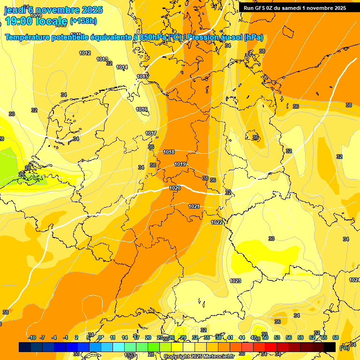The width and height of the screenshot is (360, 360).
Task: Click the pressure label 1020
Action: pyautogui.click(x=175, y=188)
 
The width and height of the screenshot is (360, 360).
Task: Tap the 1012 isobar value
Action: pyautogui.click(x=85, y=53)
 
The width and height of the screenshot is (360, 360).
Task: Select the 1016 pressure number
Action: pyautogui.click(x=142, y=109)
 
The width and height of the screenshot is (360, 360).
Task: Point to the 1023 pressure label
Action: pyautogui.click(x=235, y=281)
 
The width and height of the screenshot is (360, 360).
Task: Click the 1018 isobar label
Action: pyautogui.click(x=169, y=152)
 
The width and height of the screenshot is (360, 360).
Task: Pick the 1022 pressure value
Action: pyautogui.click(x=217, y=222)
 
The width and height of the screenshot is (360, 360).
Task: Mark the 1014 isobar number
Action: pyautogui.click(x=122, y=67)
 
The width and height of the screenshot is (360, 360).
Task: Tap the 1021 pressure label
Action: pyautogui.click(x=194, y=206)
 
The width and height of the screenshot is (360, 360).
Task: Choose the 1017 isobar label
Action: pyautogui.click(x=151, y=134)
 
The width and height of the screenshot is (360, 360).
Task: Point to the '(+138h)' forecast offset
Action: pyautogui.click(x=83, y=21)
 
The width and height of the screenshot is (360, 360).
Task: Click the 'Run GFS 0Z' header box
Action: pyautogui.click(x=295, y=8)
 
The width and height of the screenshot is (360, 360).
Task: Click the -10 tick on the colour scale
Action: pyautogui.click(x=32, y=337)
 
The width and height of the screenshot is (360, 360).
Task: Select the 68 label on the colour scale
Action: pyautogui.click(x=336, y=337)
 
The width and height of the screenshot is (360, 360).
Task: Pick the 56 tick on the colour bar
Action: pyautogui.click(x=289, y=337)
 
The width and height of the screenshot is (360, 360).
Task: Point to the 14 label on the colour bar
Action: pyautogui.click(x=125, y=337)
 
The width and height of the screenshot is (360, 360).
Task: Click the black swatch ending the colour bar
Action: pyautogui.click(x=330, y=347)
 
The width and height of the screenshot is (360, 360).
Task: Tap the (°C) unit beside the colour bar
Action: pyautogui.click(x=344, y=348)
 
